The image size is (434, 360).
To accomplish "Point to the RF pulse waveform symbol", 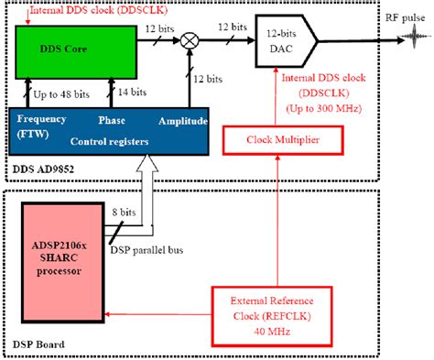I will [404, 40].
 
